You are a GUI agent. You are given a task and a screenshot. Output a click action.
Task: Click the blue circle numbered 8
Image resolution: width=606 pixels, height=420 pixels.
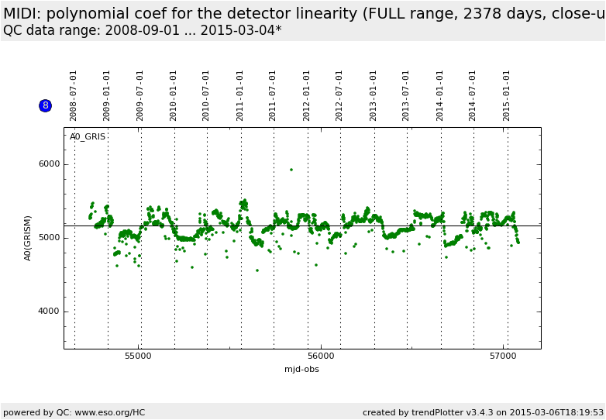(45, 105)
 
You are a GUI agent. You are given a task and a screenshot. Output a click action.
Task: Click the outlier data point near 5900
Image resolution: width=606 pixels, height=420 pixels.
(291, 170)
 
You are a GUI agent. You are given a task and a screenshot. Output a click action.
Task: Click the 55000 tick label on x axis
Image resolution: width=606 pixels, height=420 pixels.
(139, 356)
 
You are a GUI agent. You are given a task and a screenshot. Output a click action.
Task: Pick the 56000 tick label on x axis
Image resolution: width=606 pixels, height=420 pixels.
(321, 356)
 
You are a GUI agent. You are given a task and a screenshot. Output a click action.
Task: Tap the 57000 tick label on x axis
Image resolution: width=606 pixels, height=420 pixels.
(504, 356)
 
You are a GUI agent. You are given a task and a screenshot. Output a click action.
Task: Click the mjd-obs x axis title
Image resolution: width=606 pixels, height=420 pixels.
(301, 370)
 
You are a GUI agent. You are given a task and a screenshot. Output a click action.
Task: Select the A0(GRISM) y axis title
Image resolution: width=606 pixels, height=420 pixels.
(28, 238)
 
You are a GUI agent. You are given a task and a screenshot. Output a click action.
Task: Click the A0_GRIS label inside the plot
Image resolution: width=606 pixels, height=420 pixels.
(88, 137)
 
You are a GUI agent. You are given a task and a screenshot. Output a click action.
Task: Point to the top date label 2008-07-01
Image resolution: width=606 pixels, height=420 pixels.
(74, 95)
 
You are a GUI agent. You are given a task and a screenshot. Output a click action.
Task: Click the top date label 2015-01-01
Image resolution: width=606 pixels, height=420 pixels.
(507, 95)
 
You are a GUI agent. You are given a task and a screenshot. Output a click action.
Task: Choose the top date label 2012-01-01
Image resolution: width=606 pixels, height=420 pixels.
(307, 95)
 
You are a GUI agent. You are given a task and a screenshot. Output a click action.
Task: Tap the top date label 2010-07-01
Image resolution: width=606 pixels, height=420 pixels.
(207, 95)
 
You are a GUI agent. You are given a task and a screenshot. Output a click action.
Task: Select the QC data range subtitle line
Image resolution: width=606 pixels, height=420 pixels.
(143, 30)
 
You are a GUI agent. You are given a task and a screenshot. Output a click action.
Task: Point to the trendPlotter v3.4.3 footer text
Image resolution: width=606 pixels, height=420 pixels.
(449, 412)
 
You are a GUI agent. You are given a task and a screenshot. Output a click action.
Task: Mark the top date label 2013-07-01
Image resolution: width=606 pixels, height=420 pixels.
(407, 95)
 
